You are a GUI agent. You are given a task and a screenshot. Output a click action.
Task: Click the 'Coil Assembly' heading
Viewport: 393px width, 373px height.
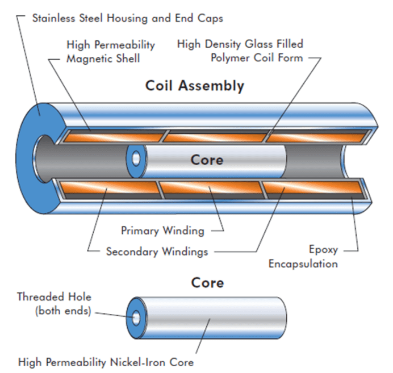point(195,86)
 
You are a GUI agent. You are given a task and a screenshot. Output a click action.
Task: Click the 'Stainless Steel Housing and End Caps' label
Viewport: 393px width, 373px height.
point(127,18)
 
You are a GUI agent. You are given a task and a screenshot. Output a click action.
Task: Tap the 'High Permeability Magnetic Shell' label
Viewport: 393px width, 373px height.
point(110,51)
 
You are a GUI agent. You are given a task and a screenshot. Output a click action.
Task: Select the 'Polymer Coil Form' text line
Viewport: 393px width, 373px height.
point(257,58)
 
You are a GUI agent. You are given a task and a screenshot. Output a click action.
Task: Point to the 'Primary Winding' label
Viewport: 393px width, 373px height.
point(162,230)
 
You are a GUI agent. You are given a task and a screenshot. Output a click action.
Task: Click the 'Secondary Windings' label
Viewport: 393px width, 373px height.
point(157,251)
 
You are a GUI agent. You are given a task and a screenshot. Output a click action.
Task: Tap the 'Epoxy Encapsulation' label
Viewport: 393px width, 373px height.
point(303,257)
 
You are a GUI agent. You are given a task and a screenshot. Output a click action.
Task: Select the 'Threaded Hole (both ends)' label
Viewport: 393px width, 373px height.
point(54,304)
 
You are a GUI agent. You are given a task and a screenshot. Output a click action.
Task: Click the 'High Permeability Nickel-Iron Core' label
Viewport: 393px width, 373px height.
point(106,362)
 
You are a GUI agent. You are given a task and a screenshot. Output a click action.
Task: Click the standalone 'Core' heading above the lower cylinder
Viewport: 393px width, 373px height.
point(207,283)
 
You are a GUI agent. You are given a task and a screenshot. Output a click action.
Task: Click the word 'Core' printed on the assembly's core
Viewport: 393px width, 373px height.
point(207,160)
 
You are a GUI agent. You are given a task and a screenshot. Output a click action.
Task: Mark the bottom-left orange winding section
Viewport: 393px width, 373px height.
point(108,190)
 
